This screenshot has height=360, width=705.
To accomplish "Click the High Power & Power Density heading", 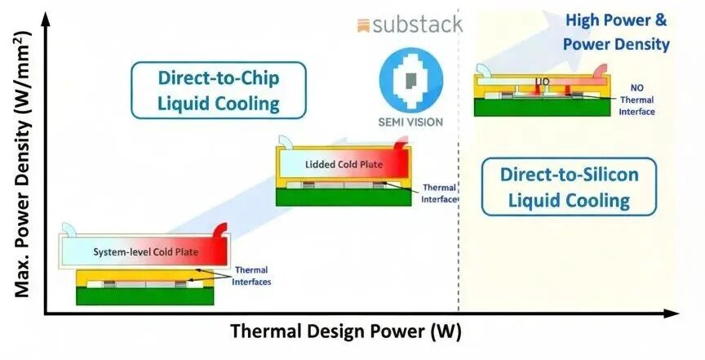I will click(x=616, y=32).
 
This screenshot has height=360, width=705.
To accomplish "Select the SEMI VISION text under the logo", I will click(x=411, y=122).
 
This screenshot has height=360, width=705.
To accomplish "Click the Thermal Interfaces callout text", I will click(x=252, y=276).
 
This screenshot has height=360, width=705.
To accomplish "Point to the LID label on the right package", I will click(x=542, y=82).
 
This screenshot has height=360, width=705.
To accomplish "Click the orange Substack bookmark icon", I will click(x=364, y=25).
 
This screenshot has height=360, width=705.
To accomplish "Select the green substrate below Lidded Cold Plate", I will click(x=344, y=197).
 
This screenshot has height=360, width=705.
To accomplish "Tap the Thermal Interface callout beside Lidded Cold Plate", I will click(x=438, y=193).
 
